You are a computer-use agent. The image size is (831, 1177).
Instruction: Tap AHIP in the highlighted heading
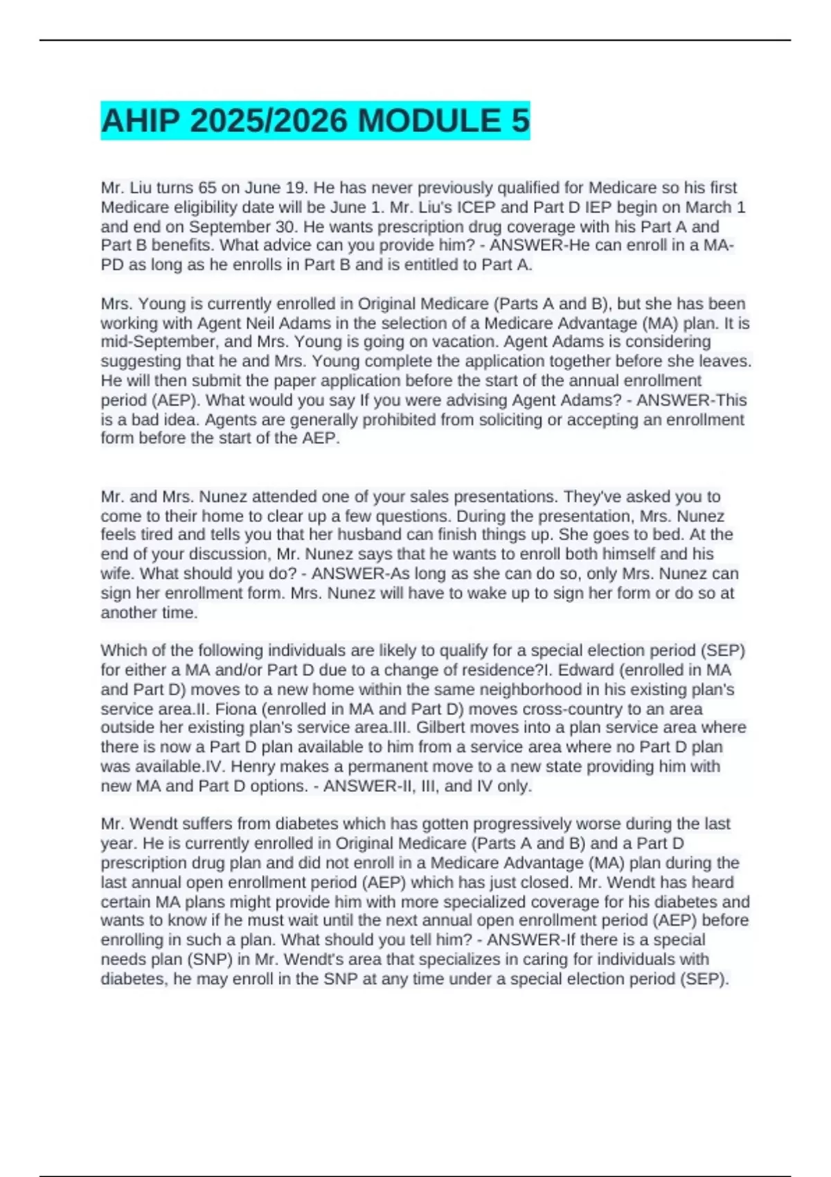point(141,121)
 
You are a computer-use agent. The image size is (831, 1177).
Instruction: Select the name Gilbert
point(440,728)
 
